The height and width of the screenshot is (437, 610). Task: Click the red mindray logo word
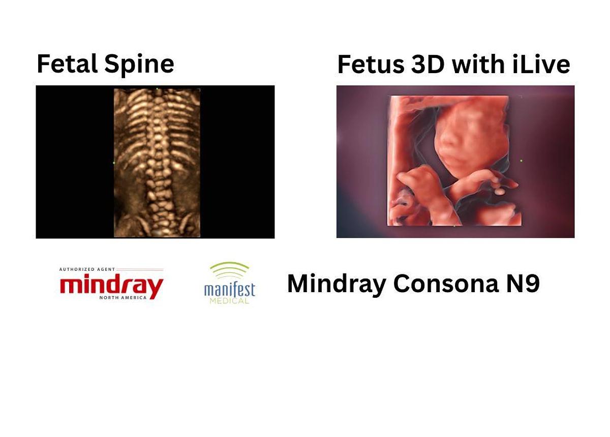pyautogui.click(x=111, y=286)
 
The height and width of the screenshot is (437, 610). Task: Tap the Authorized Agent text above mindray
pyautogui.click(x=80, y=269)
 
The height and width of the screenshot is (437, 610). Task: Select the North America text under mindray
pyautogui.click(x=123, y=298)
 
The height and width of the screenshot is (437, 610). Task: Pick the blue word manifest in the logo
pyautogui.click(x=229, y=290)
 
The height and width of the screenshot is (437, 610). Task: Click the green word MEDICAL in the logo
pyautogui.click(x=229, y=301)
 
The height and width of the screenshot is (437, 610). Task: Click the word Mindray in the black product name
pyautogui.click(x=336, y=284)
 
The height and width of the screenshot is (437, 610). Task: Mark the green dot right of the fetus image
pyautogui.click(x=521, y=161)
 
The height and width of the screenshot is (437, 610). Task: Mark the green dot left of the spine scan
pyautogui.click(x=113, y=163)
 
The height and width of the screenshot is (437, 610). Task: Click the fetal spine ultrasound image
pyautogui.click(x=157, y=163)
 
